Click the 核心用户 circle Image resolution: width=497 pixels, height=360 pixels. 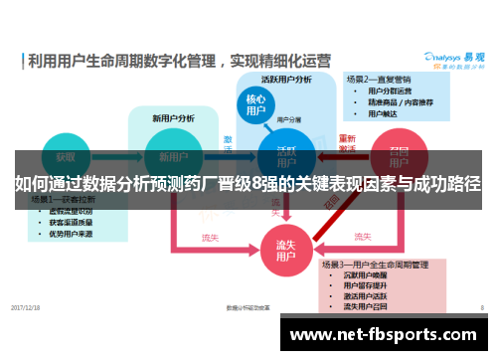[x=255, y=106]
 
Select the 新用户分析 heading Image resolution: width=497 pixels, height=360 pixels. [x=173, y=118]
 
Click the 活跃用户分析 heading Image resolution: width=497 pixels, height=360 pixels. [x=286, y=79]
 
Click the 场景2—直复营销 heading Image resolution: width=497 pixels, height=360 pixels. [x=381, y=78]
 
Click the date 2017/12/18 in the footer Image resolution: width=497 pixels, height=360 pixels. [x=27, y=308]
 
